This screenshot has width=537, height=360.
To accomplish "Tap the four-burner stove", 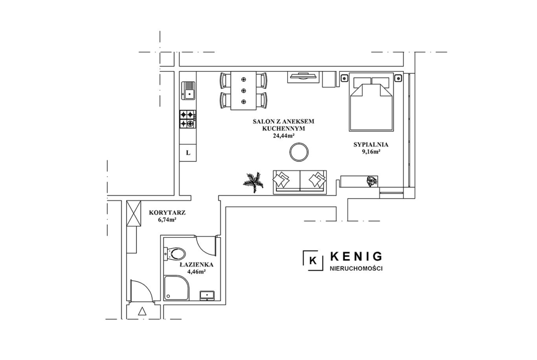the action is click(188, 119).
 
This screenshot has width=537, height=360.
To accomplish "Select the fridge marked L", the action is click(188, 153).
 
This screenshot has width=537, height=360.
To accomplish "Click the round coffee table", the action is click(299, 152).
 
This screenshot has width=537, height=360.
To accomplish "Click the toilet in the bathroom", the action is click(175, 254).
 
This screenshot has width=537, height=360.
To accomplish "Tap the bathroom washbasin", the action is click(207, 295).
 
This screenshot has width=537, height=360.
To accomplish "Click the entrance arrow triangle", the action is click(142, 311).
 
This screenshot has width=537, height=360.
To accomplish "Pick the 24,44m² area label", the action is click(284, 135).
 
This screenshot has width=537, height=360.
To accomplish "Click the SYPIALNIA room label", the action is click(371, 145).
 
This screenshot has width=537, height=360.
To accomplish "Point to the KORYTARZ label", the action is click(168, 212).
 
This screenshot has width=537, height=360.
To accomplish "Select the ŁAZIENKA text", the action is click(196, 265).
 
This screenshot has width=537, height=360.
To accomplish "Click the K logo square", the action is click(313, 261).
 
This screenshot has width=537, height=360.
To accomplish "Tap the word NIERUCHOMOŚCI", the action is click(356, 269).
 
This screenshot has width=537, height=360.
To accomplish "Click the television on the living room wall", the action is click(303, 76).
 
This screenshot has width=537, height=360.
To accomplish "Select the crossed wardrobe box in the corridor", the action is click(133, 214).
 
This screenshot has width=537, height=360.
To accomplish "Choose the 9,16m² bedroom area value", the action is click(371, 152).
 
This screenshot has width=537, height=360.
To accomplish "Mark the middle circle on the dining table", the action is click(244, 90).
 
